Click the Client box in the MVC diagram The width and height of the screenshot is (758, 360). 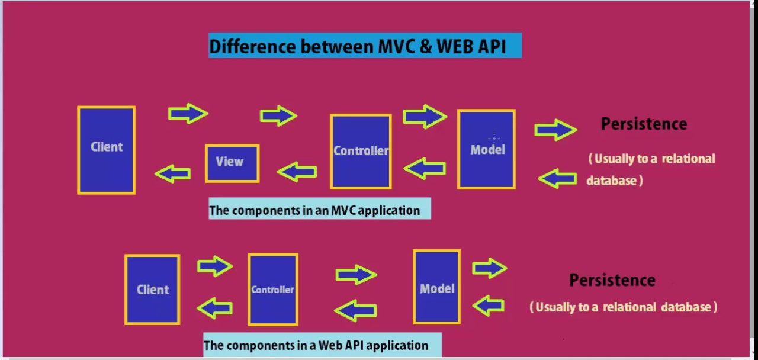point(107,150)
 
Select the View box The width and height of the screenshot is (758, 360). point(232,163)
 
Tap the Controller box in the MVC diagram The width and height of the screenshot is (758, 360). point(361,152)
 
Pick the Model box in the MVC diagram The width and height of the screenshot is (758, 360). point(486,149)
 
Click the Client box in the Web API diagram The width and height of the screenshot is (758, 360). point(152,290)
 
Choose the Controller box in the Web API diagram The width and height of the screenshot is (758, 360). point(272,290)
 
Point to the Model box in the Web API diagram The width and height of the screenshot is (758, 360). point(436,287)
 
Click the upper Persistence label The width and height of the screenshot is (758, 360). point(644,124)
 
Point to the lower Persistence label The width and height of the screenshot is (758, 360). point(612,280)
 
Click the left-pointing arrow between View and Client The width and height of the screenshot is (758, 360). point(173,173)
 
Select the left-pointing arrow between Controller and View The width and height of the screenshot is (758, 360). point(297,172)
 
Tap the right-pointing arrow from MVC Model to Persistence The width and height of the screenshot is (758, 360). point(555,129)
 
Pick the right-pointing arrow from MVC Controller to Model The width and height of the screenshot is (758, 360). point(424,116)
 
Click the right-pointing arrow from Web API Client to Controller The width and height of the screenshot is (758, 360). point(214,266)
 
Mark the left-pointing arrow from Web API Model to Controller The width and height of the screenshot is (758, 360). point(356,310)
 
